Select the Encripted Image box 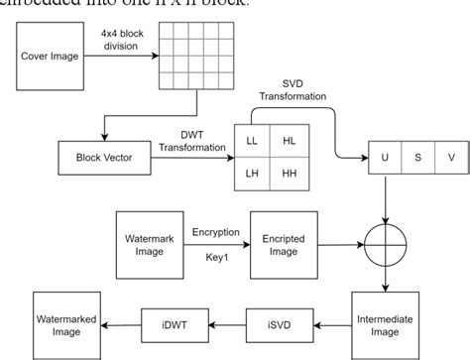284,243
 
